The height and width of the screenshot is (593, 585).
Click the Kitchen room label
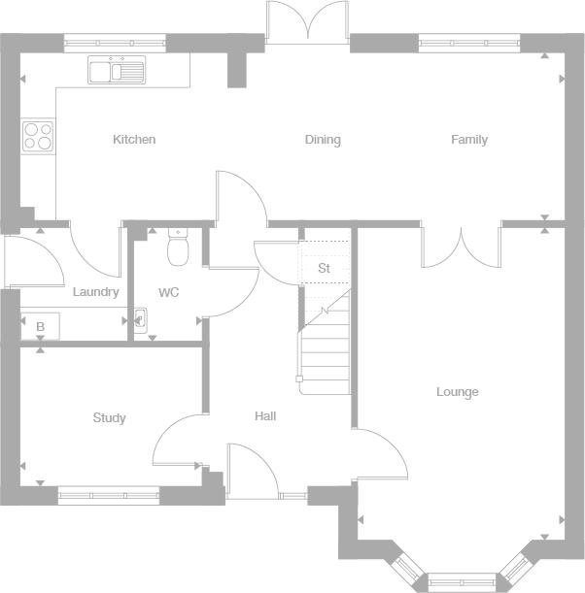click(134, 139)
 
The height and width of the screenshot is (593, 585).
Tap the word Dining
click(323, 140)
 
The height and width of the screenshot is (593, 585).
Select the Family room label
click(469, 140)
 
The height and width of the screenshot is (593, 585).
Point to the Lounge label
click(458, 392)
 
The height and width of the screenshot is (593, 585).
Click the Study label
click(109, 418)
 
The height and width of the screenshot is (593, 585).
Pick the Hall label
click(265, 416)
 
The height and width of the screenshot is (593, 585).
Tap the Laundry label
click(96, 292)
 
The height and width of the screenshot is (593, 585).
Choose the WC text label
click(168, 292)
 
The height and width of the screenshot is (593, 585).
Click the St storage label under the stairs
click(325, 268)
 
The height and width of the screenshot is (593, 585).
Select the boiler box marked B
click(40, 326)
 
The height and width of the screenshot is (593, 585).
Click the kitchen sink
click(117, 70)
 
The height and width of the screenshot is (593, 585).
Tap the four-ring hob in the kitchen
click(38, 136)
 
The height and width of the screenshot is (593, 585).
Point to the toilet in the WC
click(178, 247)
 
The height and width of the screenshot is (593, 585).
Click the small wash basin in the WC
click(141, 320)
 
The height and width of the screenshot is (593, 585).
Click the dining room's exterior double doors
click(307, 22)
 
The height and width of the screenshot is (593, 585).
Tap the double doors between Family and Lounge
click(462, 247)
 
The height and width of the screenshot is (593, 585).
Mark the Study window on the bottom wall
click(109, 495)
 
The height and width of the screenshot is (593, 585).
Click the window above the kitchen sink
click(115, 43)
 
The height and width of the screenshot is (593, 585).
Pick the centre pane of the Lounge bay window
click(462, 582)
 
